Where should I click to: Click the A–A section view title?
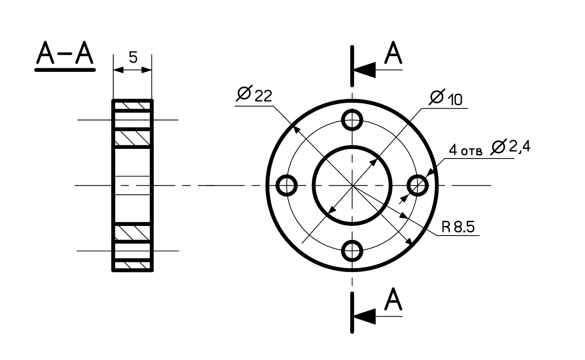coord(65,53)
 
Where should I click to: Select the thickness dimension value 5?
coord(133,57)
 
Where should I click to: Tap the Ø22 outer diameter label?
coord(254,94)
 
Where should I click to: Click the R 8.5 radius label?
coord(458,227)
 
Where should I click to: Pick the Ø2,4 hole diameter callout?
coord(510,147)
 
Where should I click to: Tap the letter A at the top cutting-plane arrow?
coord(393,53)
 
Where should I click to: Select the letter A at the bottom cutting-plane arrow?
coord(393,299)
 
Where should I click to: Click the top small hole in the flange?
coord(352,120)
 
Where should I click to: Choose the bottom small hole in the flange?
coord(352,251)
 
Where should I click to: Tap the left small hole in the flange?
coord(287,185)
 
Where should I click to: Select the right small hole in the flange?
coord(418,185)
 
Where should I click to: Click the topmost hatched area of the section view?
coord(132,106)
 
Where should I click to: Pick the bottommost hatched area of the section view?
coord(132,265)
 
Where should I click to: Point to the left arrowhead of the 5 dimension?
coord(118,70)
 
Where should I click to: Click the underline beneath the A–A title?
coord(65,70)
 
